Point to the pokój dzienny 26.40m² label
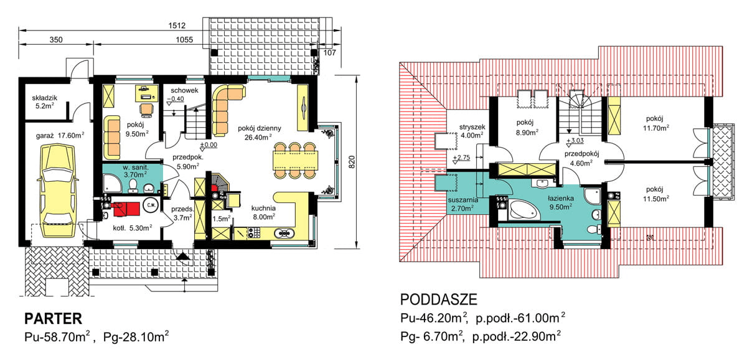[260, 133]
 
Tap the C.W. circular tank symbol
[150, 204]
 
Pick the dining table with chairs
[296, 159]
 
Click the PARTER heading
[53, 319]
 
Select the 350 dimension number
[56, 40]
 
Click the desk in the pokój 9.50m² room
[147, 93]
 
